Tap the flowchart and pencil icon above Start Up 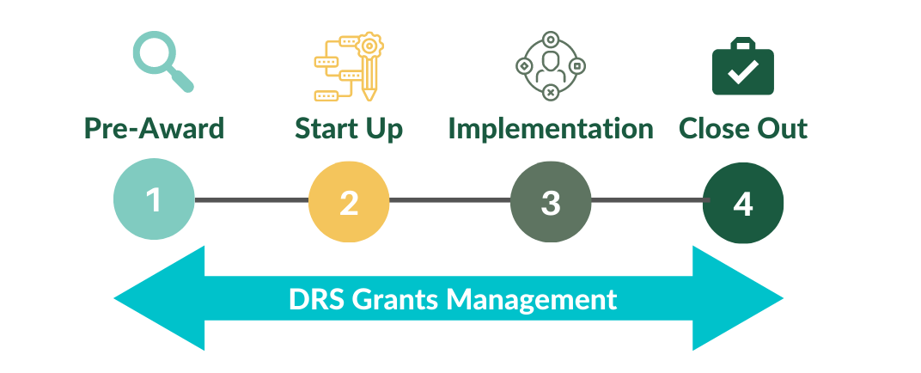coord(349,66)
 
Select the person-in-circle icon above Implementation coord(551,65)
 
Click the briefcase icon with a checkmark coord(743,66)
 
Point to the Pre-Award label coord(155,129)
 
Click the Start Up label coord(349,129)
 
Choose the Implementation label coord(551,129)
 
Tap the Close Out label coord(743,129)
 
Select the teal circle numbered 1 coord(154,199)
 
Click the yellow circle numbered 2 coord(349,201)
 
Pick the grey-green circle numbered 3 coord(551,201)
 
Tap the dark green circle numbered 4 coord(743,203)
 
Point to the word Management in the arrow coord(532,300)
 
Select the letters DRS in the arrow coord(316,299)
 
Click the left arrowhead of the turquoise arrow coord(159,298)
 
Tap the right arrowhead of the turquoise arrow coord(738,298)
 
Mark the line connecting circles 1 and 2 coord(252,200)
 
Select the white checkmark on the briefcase coord(743,71)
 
